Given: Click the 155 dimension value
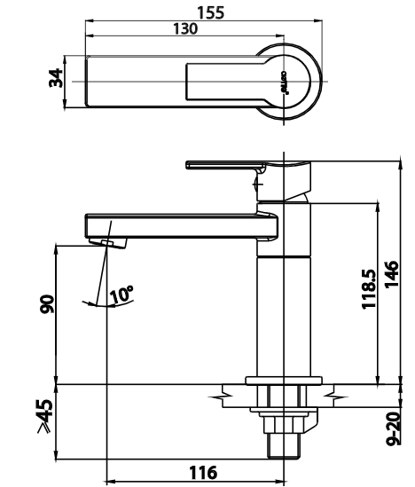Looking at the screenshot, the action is pos(210,12).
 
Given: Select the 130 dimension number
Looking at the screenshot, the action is pos(185,28).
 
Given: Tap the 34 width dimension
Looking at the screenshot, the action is pos(56,78).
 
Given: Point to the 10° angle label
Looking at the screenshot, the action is pos(121,295).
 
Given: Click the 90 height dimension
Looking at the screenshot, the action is pos(47,304).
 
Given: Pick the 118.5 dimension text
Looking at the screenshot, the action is pos(369,289).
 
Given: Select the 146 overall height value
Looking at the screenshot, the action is pos(392,275).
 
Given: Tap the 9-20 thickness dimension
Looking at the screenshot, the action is pos(394,428).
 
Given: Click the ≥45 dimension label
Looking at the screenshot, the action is pos(45,416).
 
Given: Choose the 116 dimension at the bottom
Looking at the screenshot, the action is pos(203,473).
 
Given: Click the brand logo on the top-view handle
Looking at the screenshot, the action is pos(286,82).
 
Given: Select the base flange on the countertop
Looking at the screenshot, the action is pos(284,381).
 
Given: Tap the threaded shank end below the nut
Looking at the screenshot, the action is pos(284,445).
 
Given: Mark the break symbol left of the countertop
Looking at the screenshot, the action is pos(221,397).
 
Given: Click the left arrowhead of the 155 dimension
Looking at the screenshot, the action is pos(90,21).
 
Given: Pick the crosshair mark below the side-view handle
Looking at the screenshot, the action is pos(257,185).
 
